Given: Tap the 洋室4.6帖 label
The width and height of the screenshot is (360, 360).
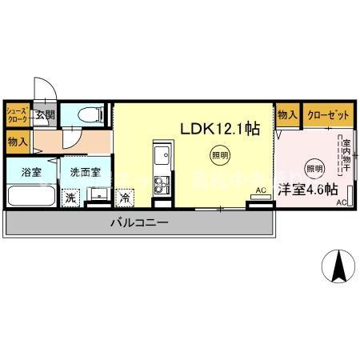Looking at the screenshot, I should pos(308,190).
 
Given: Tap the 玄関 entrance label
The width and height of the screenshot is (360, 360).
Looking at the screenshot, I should pos(45,115).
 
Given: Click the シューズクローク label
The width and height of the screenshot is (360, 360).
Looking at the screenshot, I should pos(18,115).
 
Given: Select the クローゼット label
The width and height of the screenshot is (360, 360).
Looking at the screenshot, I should pos(328,115).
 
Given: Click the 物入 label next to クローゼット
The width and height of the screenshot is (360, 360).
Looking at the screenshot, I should pos(287,115).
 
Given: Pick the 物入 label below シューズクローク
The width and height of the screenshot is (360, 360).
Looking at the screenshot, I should pos(18,142).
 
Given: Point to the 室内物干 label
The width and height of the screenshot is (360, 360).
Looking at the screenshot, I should pos(346,148).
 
